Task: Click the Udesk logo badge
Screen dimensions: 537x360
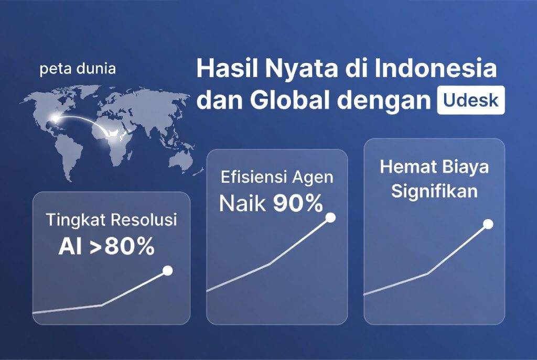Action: [471, 100]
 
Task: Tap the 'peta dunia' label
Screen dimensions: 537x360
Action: [78, 69]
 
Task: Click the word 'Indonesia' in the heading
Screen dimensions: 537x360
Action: [436, 69]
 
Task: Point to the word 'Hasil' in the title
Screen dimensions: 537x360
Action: [225, 69]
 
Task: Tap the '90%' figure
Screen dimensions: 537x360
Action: [298, 204]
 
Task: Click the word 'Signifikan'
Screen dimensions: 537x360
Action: [434, 191]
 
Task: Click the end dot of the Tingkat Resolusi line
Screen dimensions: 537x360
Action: [167, 271]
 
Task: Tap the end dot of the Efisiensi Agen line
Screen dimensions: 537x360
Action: [330, 217]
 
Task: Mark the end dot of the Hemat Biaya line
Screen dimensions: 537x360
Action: [488, 224]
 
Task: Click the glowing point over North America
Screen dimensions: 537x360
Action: [55, 118]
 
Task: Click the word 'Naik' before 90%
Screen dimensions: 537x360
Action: [243, 204]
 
